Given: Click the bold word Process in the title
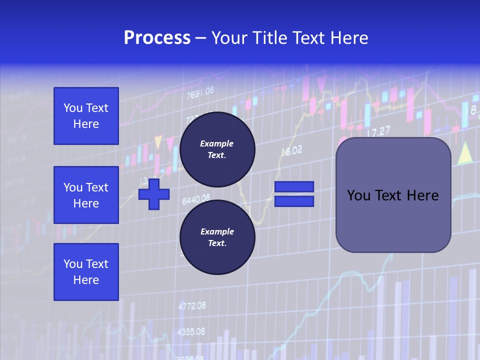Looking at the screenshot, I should tap(157, 38).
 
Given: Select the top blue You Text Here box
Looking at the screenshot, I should tap(86, 116).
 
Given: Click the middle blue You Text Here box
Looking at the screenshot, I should tap(86, 195).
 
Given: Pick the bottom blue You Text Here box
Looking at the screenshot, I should tap(86, 272).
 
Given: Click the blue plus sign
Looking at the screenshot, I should tap(154, 194).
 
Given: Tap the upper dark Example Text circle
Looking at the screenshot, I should tap(217, 149).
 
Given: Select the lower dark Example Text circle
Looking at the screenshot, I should tap(217, 237).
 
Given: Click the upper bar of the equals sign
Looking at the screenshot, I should tap(294, 187).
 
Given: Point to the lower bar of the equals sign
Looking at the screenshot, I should tap(294, 201).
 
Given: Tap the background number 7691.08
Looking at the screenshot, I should tap(200, 92).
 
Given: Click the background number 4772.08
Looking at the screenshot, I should tap(192, 305).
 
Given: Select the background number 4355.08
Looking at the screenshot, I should tap(191, 331).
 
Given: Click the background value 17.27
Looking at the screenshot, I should tap(378, 132).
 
